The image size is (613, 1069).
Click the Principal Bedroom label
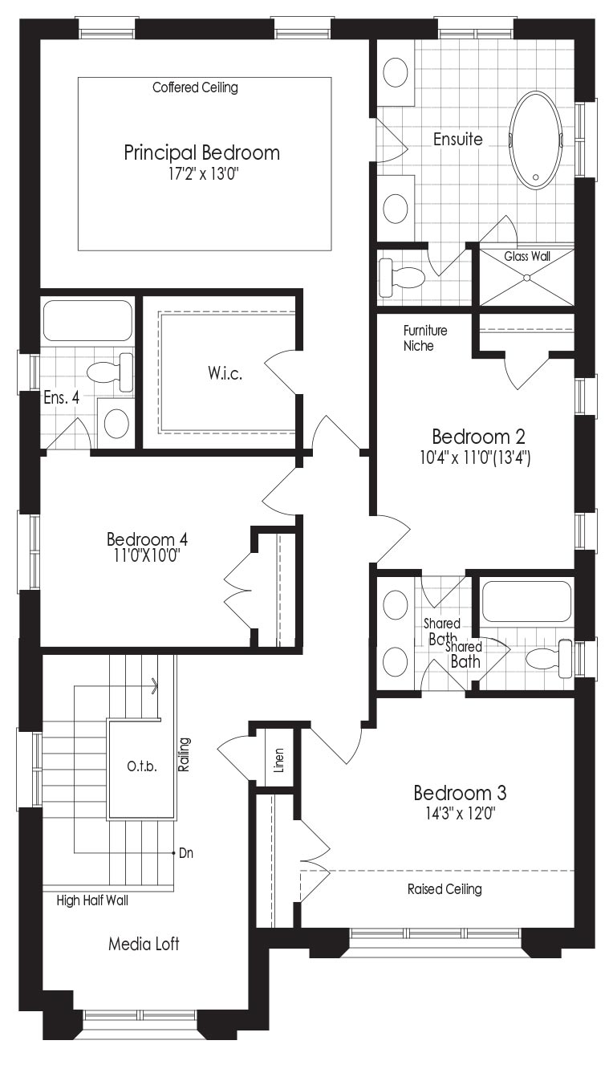[201, 152]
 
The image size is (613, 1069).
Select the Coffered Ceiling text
[195, 87]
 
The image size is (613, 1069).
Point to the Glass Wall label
[527, 256]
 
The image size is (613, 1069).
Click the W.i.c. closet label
[225, 373]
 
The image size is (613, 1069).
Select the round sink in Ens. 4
[116, 424]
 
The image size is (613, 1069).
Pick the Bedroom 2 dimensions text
[475, 458]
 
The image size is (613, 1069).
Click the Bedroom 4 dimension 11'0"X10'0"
[146, 555]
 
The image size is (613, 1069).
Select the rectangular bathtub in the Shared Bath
[526, 601]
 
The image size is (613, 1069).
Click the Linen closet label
[279, 760]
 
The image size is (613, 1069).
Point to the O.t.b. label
[142, 766]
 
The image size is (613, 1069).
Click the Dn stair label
[186, 853]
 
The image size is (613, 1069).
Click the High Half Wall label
[92, 900]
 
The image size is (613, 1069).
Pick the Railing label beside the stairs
[184, 754]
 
